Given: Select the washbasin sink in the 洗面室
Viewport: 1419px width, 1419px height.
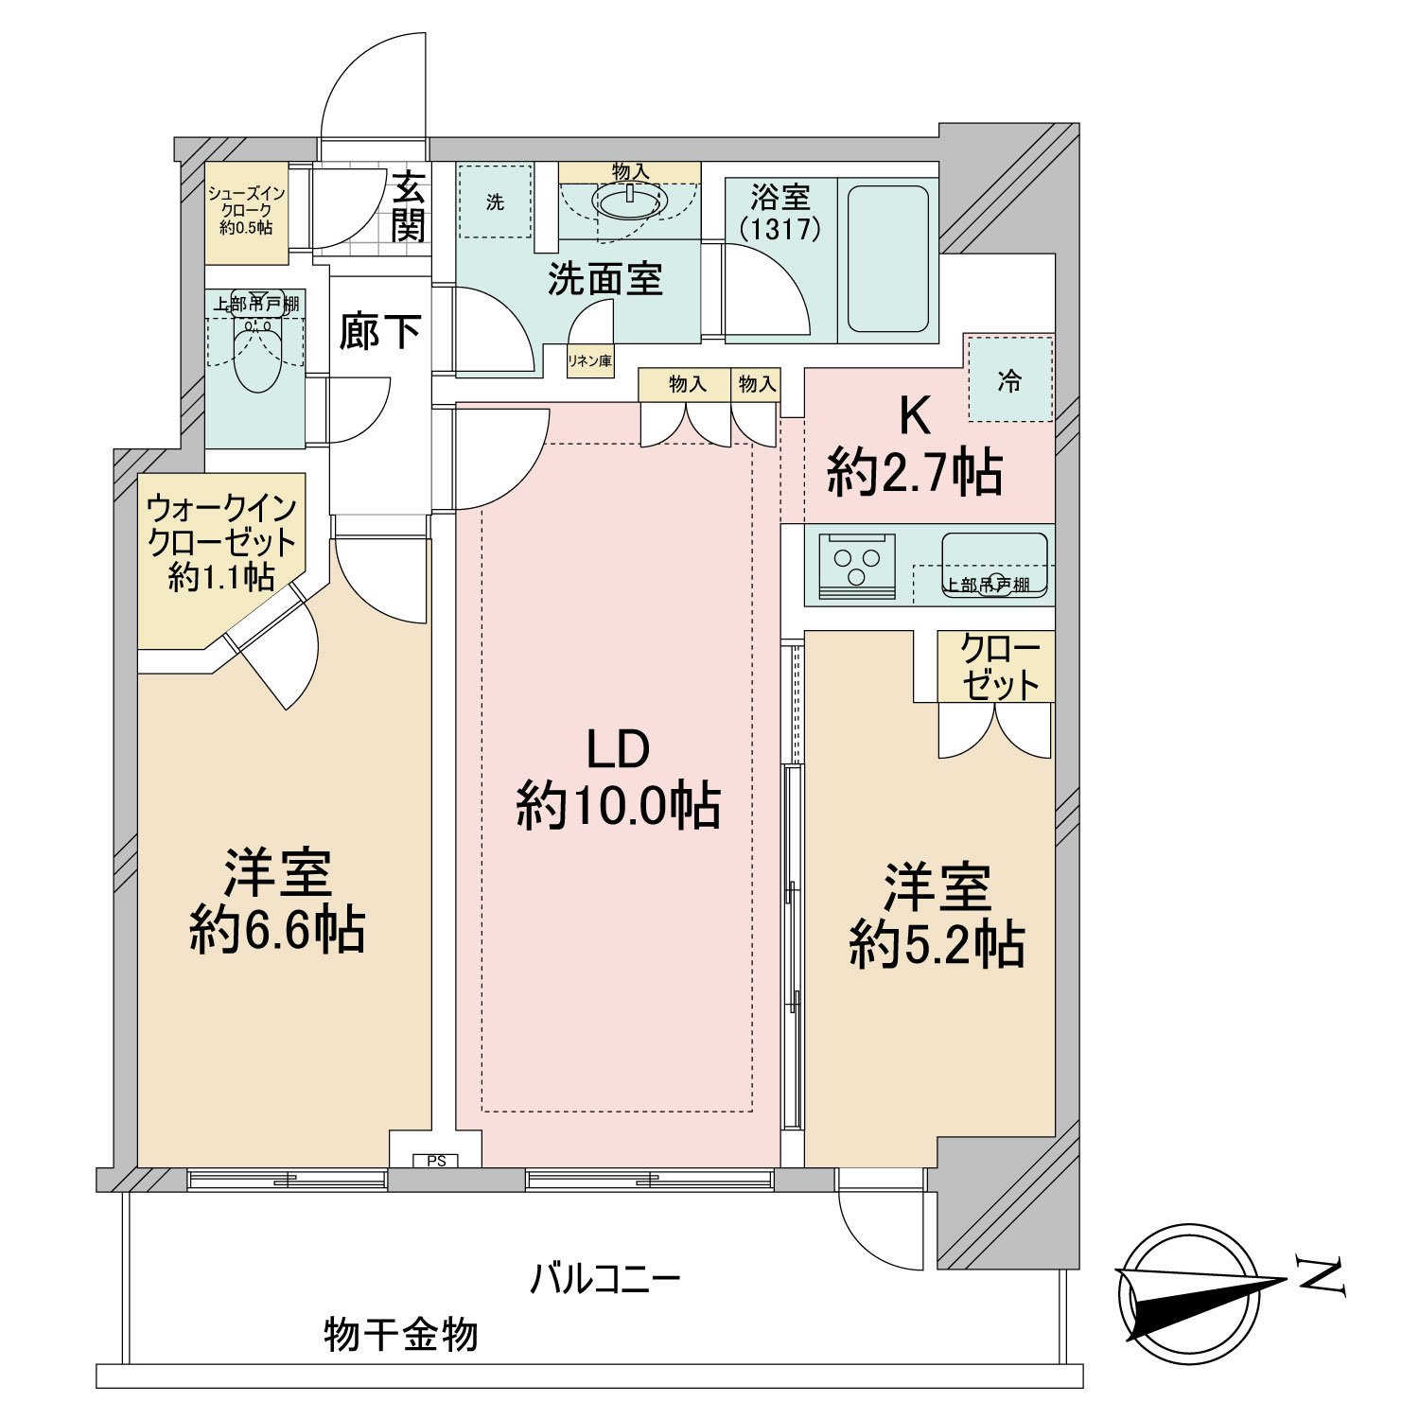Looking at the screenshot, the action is (629, 201).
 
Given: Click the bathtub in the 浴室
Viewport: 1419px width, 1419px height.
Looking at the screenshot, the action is (887, 258).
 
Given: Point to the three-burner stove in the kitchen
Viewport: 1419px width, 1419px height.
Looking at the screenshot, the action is (857, 566).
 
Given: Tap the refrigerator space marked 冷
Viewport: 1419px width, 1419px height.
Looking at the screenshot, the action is (1010, 380).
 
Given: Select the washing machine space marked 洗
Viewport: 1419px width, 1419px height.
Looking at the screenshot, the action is (495, 202).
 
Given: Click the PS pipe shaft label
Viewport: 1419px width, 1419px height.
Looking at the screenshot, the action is (435, 1161).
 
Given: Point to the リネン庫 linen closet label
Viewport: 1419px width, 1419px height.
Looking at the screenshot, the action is (589, 361).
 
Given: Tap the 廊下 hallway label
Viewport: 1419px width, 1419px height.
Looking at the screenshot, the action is (379, 332).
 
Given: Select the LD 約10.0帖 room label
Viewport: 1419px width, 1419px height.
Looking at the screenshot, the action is (619, 779).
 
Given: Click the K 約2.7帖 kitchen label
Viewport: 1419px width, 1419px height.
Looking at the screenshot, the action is (914, 445).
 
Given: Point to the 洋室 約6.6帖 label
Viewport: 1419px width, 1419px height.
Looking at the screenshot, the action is (277, 901).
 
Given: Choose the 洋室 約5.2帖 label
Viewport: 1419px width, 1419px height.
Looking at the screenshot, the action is (937, 915).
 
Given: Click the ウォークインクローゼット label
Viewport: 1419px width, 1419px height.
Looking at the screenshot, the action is (222, 543).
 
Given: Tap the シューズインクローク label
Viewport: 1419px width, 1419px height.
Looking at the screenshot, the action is (246, 210).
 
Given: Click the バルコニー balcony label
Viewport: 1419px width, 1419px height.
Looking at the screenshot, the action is (604, 1280).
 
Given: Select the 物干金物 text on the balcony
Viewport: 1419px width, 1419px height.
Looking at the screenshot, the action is (401, 1335).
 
